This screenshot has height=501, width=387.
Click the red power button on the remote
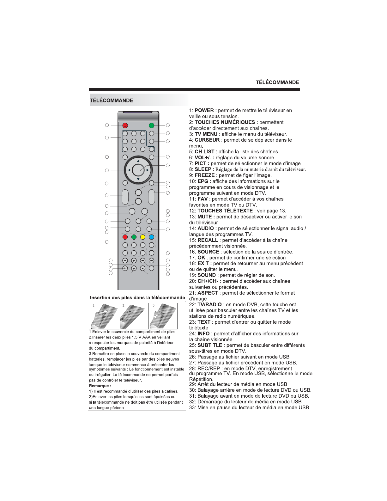tap(125, 125)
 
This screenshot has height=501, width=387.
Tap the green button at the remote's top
tap(152, 125)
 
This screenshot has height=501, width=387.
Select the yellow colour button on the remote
tap(143, 237)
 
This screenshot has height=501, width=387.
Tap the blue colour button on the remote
tap(152, 237)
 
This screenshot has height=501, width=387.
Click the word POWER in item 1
tap(204, 111)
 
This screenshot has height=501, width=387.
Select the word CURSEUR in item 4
tap(207, 140)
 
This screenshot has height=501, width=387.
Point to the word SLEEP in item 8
tap(203, 169)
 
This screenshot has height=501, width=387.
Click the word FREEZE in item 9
tap(204, 175)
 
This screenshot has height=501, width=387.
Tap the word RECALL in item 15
tap(208, 240)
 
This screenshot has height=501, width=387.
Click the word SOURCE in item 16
tap(208, 252)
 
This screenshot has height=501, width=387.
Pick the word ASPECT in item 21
tap(208, 293)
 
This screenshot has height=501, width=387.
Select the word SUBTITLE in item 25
tap(210, 345)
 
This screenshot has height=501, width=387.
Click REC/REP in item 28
tap(209, 369)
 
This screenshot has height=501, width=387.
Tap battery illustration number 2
tap(134, 316)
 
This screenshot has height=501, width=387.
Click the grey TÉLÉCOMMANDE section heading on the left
tap(112, 101)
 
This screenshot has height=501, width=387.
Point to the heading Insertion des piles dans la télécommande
tap(137, 298)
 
